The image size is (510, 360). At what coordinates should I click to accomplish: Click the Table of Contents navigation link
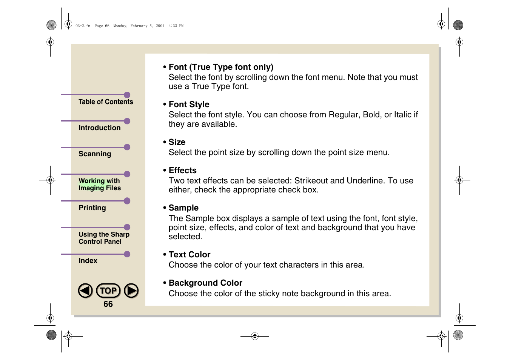click(x=106, y=102)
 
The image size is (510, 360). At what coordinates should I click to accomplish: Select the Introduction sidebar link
click(x=100, y=128)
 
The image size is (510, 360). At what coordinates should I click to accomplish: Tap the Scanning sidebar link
click(x=95, y=154)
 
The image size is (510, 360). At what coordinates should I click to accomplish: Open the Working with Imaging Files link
click(x=100, y=185)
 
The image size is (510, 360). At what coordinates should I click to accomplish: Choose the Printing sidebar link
click(x=92, y=208)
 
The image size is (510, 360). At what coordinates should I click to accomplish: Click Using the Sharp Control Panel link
click(x=104, y=238)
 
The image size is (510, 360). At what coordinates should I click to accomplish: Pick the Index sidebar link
click(x=88, y=261)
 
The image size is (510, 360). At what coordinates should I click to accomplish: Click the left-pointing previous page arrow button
click(x=85, y=291)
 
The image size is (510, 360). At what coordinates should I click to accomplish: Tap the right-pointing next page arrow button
click(x=131, y=291)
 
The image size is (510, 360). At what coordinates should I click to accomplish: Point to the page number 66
click(x=108, y=304)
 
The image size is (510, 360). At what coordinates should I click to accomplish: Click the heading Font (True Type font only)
click(x=221, y=67)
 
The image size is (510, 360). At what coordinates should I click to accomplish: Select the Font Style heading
click(x=189, y=105)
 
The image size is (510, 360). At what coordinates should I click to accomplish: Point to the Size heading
click(x=177, y=142)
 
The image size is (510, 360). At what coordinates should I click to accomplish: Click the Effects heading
click(x=182, y=171)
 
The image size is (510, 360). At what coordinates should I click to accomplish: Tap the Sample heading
click(x=183, y=208)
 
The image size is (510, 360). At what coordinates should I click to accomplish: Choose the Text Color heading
click(x=190, y=255)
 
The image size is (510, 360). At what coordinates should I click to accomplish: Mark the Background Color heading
click(x=205, y=283)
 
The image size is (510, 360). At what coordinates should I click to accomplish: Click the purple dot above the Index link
click(x=127, y=254)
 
